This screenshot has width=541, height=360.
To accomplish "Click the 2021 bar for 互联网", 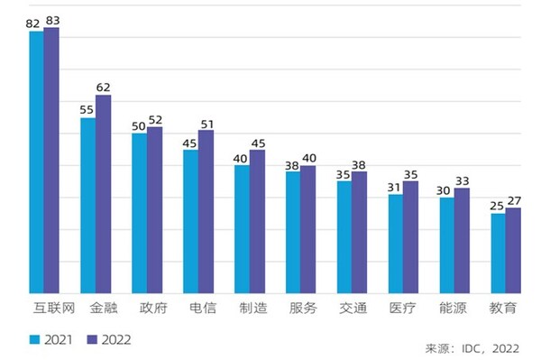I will pos(36,162).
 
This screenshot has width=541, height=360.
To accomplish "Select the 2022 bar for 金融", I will pos(102,194).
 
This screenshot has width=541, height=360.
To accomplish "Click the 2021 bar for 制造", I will pos(242,229).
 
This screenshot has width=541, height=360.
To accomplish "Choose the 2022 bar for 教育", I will pos(514,250).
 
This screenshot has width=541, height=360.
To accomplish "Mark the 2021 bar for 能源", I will pos(447,245).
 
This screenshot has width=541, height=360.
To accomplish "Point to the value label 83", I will pos(51,20).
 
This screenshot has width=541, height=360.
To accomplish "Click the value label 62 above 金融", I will pos(103,88).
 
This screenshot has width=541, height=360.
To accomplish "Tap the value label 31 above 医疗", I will pos(395,187).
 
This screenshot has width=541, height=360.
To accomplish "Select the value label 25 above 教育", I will pos(498,207).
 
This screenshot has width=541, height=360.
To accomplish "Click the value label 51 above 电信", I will pos(206,123).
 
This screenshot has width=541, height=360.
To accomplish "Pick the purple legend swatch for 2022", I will pos(92,339).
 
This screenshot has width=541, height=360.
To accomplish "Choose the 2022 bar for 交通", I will pos(360,232).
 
